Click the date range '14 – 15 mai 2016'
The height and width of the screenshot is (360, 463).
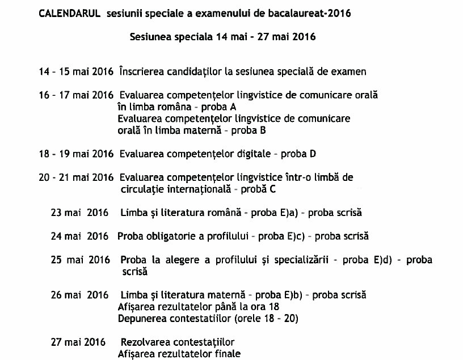pyautogui.click(x=77, y=72)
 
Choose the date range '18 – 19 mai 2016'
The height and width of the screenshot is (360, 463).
pyautogui.click(x=77, y=154)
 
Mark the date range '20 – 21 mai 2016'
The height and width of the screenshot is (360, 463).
pyautogui.click(x=77, y=177)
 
